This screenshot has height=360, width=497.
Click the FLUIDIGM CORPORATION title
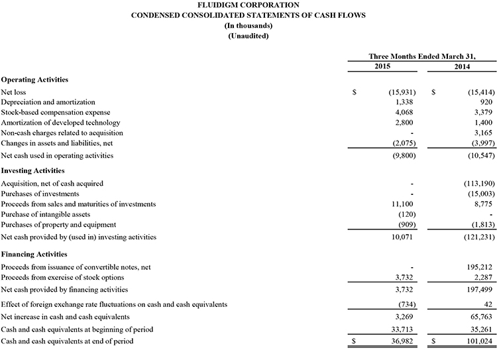(x=248, y=5)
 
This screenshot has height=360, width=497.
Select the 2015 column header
(x=382, y=67)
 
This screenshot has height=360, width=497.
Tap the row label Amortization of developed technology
(x=61, y=123)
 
